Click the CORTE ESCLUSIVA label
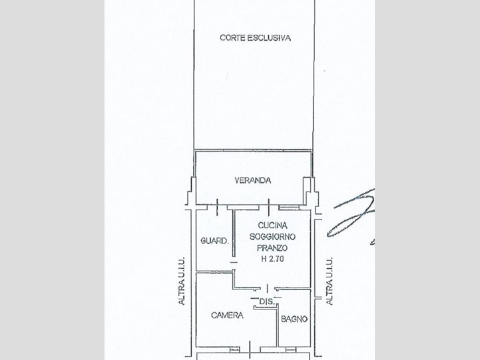click(x=255, y=38)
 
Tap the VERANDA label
click(x=253, y=180)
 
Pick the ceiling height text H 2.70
click(x=272, y=259)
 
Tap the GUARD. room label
click(x=214, y=241)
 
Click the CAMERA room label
click(x=227, y=315)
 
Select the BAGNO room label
click(x=294, y=319)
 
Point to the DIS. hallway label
click(x=267, y=301)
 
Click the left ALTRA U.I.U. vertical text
click(x=182, y=280)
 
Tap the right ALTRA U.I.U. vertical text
click(x=330, y=281)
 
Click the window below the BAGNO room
click(x=291, y=349)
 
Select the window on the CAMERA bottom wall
click(x=235, y=349)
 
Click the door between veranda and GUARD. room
click(x=217, y=207)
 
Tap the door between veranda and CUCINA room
click(x=269, y=207)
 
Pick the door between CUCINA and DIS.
click(x=267, y=288)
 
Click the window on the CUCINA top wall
click(x=289, y=208)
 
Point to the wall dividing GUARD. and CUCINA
click(x=234, y=233)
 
